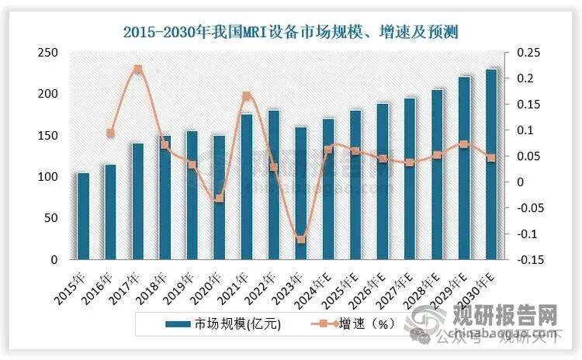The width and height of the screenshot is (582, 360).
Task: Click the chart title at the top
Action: pyautogui.click(x=291, y=32)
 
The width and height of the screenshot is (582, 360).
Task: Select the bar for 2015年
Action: pyautogui.click(x=83, y=216)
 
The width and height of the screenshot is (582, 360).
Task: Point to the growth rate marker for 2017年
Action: pyautogui.click(x=137, y=69)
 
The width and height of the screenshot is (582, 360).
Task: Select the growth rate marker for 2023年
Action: pyautogui.click(x=301, y=238)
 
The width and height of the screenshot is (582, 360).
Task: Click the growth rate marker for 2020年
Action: pyautogui.click(x=219, y=198)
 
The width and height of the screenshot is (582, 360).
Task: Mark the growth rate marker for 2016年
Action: pyautogui.click(x=110, y=133)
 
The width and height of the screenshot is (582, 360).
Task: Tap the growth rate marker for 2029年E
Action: pyautogui.click(x=463, y=144)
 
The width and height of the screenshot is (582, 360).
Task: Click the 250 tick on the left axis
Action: pyautogui.click(x=48, y=52)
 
